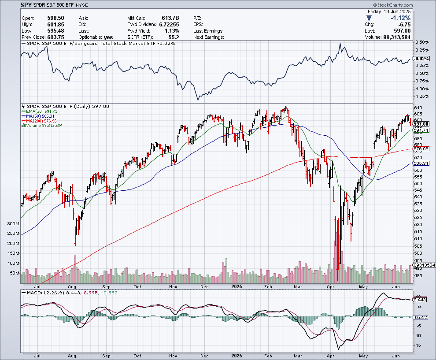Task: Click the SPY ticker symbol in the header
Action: pos(26,5)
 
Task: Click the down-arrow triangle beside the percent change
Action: pos(369,18)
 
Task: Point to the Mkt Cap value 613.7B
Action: pos(170,18)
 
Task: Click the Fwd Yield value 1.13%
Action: pos(172,31)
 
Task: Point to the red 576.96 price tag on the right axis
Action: pos(421,149)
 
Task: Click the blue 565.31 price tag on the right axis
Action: pos(421,163)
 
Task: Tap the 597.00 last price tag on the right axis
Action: pos(421,124)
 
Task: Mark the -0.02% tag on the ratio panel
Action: pos(422,59)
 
